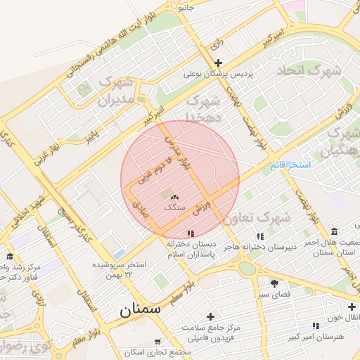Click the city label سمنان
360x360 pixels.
pyautogui.click(x=139, y=309)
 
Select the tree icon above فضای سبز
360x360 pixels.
pyautogui.click(x=274, y=283)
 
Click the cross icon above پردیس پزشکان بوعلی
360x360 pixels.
pyautogui.click(x=218, y=63)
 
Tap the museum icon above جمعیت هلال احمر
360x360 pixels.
pyautogui.click(x=332, y=231)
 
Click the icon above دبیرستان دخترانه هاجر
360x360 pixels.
pyautogui.click(x=260, y=237)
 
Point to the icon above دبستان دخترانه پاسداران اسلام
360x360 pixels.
pyautogui.click(x=190, y=233)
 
